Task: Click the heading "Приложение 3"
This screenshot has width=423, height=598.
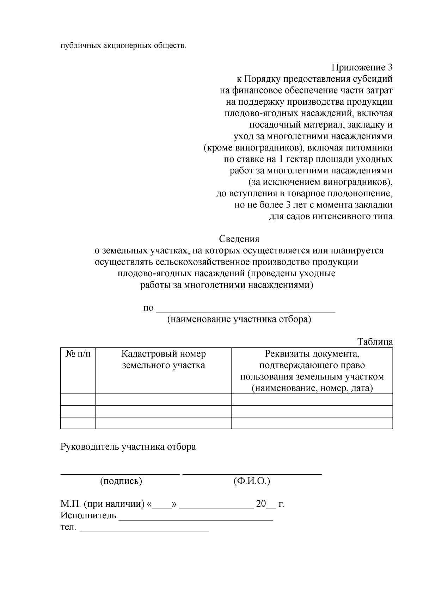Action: tap(362, 67)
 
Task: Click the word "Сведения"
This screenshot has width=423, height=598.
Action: tap(239, 239)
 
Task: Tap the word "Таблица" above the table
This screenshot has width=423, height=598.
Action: tap(375, 342)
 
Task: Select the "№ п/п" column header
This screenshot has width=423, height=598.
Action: tap(78, 354)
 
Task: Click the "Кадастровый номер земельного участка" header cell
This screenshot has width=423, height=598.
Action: tap(164, 359)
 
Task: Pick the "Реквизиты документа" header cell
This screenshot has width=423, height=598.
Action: tap(312, 371)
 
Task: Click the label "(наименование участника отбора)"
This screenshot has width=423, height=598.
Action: tap(239, 319)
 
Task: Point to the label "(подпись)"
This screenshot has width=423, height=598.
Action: tap(121, 481)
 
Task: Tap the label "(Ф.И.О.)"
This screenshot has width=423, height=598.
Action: tap(252, 481)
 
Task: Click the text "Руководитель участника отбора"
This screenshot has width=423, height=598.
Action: tap(128, 447)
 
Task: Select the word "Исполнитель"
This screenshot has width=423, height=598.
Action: tap(88, 516)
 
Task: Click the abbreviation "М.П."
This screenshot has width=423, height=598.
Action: tap(71, 504)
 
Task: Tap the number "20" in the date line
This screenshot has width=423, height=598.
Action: tap(261, 504)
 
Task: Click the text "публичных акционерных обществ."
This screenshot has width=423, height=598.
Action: tap(123, 46)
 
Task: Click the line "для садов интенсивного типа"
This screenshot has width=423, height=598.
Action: tap(331, 216)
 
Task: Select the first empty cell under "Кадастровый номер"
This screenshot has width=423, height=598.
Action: tap(164, 400)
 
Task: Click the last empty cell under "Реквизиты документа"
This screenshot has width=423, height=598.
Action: tap(312, 423)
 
